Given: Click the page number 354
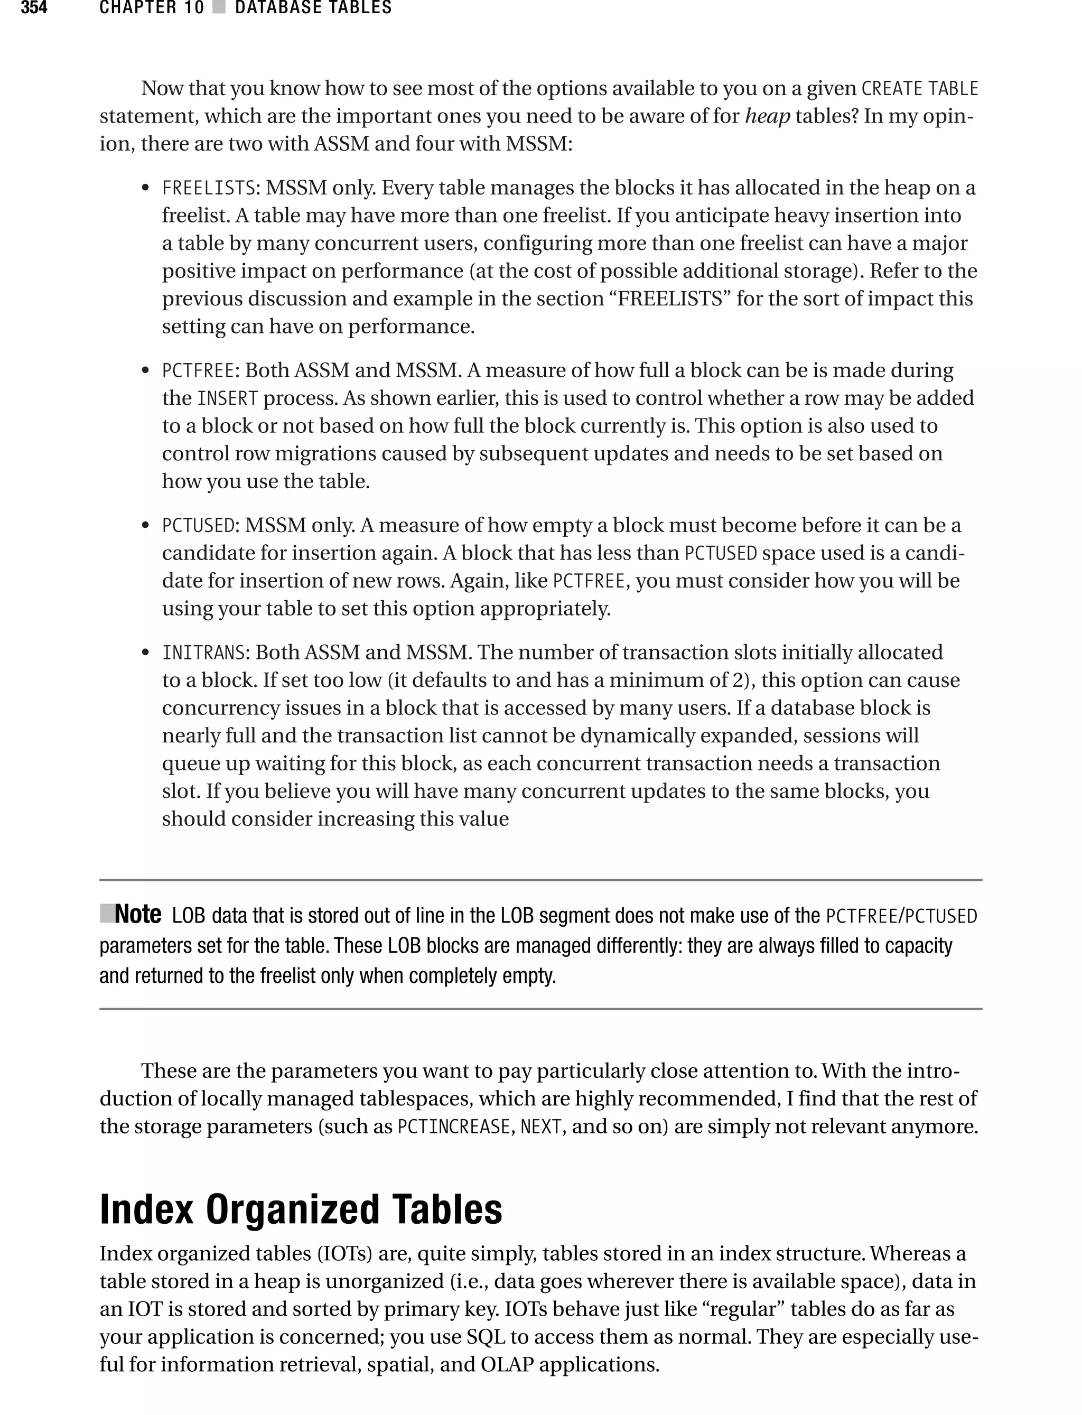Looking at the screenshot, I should pos(34,8).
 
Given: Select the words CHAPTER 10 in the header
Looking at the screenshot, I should pos(151,8).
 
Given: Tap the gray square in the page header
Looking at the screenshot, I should pos(219,8).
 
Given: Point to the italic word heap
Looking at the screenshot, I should pos(767,117).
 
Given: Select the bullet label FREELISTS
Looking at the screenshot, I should pos(209,188).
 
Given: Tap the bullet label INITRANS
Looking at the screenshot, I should pos(203,653).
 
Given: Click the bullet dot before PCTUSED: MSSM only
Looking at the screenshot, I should pos(146,526).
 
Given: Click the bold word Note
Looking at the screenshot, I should pos(138,914).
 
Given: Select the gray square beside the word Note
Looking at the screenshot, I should pos(107,913).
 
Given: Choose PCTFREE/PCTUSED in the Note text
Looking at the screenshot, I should pos(901,916).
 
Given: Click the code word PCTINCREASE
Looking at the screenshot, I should pos(454,1127).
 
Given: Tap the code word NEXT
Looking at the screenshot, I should pos(540,1127).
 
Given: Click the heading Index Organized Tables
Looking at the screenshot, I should pos(301,1209).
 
